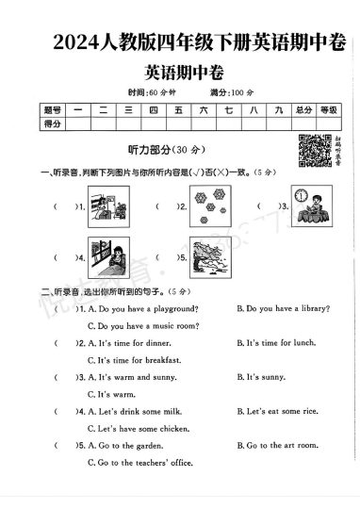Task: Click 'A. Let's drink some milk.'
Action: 142,412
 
